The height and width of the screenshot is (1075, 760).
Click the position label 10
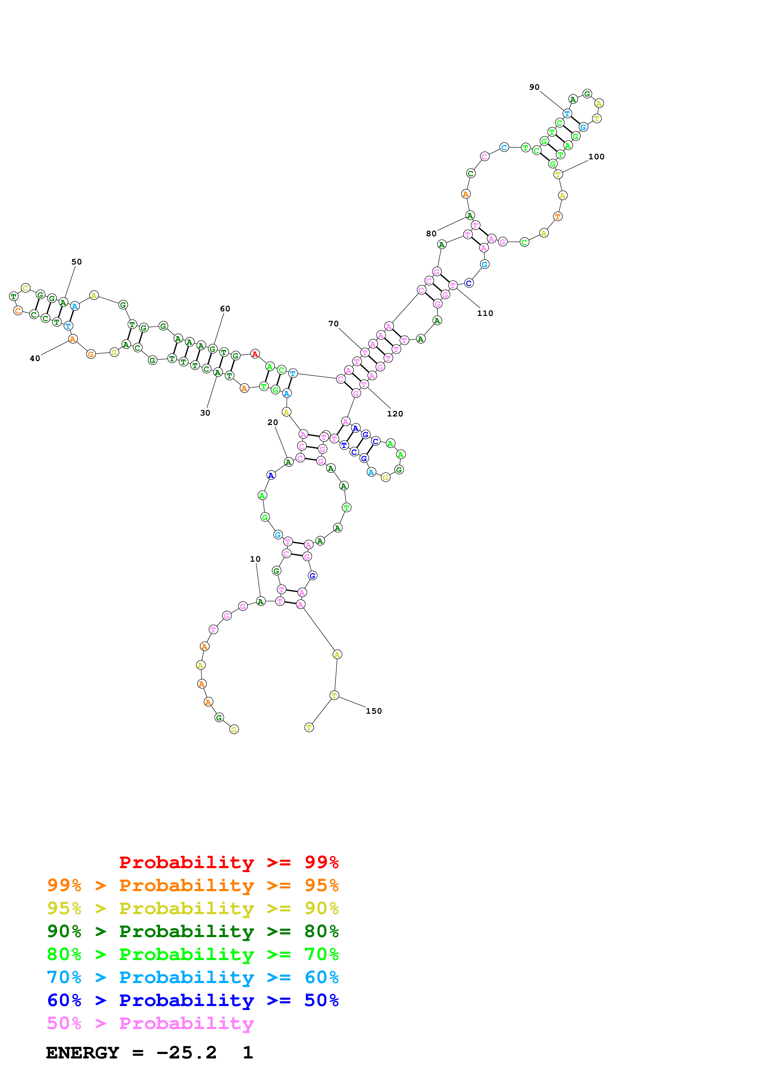click(255, 559)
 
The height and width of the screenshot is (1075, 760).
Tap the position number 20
click(273, 422)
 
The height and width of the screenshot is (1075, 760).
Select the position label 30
click(205, 413)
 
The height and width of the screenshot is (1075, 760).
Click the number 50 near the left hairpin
click(76, 262)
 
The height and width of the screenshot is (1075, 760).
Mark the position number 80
click(431, 234)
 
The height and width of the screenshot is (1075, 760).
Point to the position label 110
click(485, 313)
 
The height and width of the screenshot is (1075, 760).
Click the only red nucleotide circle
click(255, 354)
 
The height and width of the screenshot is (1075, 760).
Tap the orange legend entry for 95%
click(193, 885)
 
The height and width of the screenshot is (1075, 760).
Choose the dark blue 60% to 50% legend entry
click(193, 1000)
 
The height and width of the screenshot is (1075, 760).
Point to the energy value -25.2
click(186, 1053)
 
